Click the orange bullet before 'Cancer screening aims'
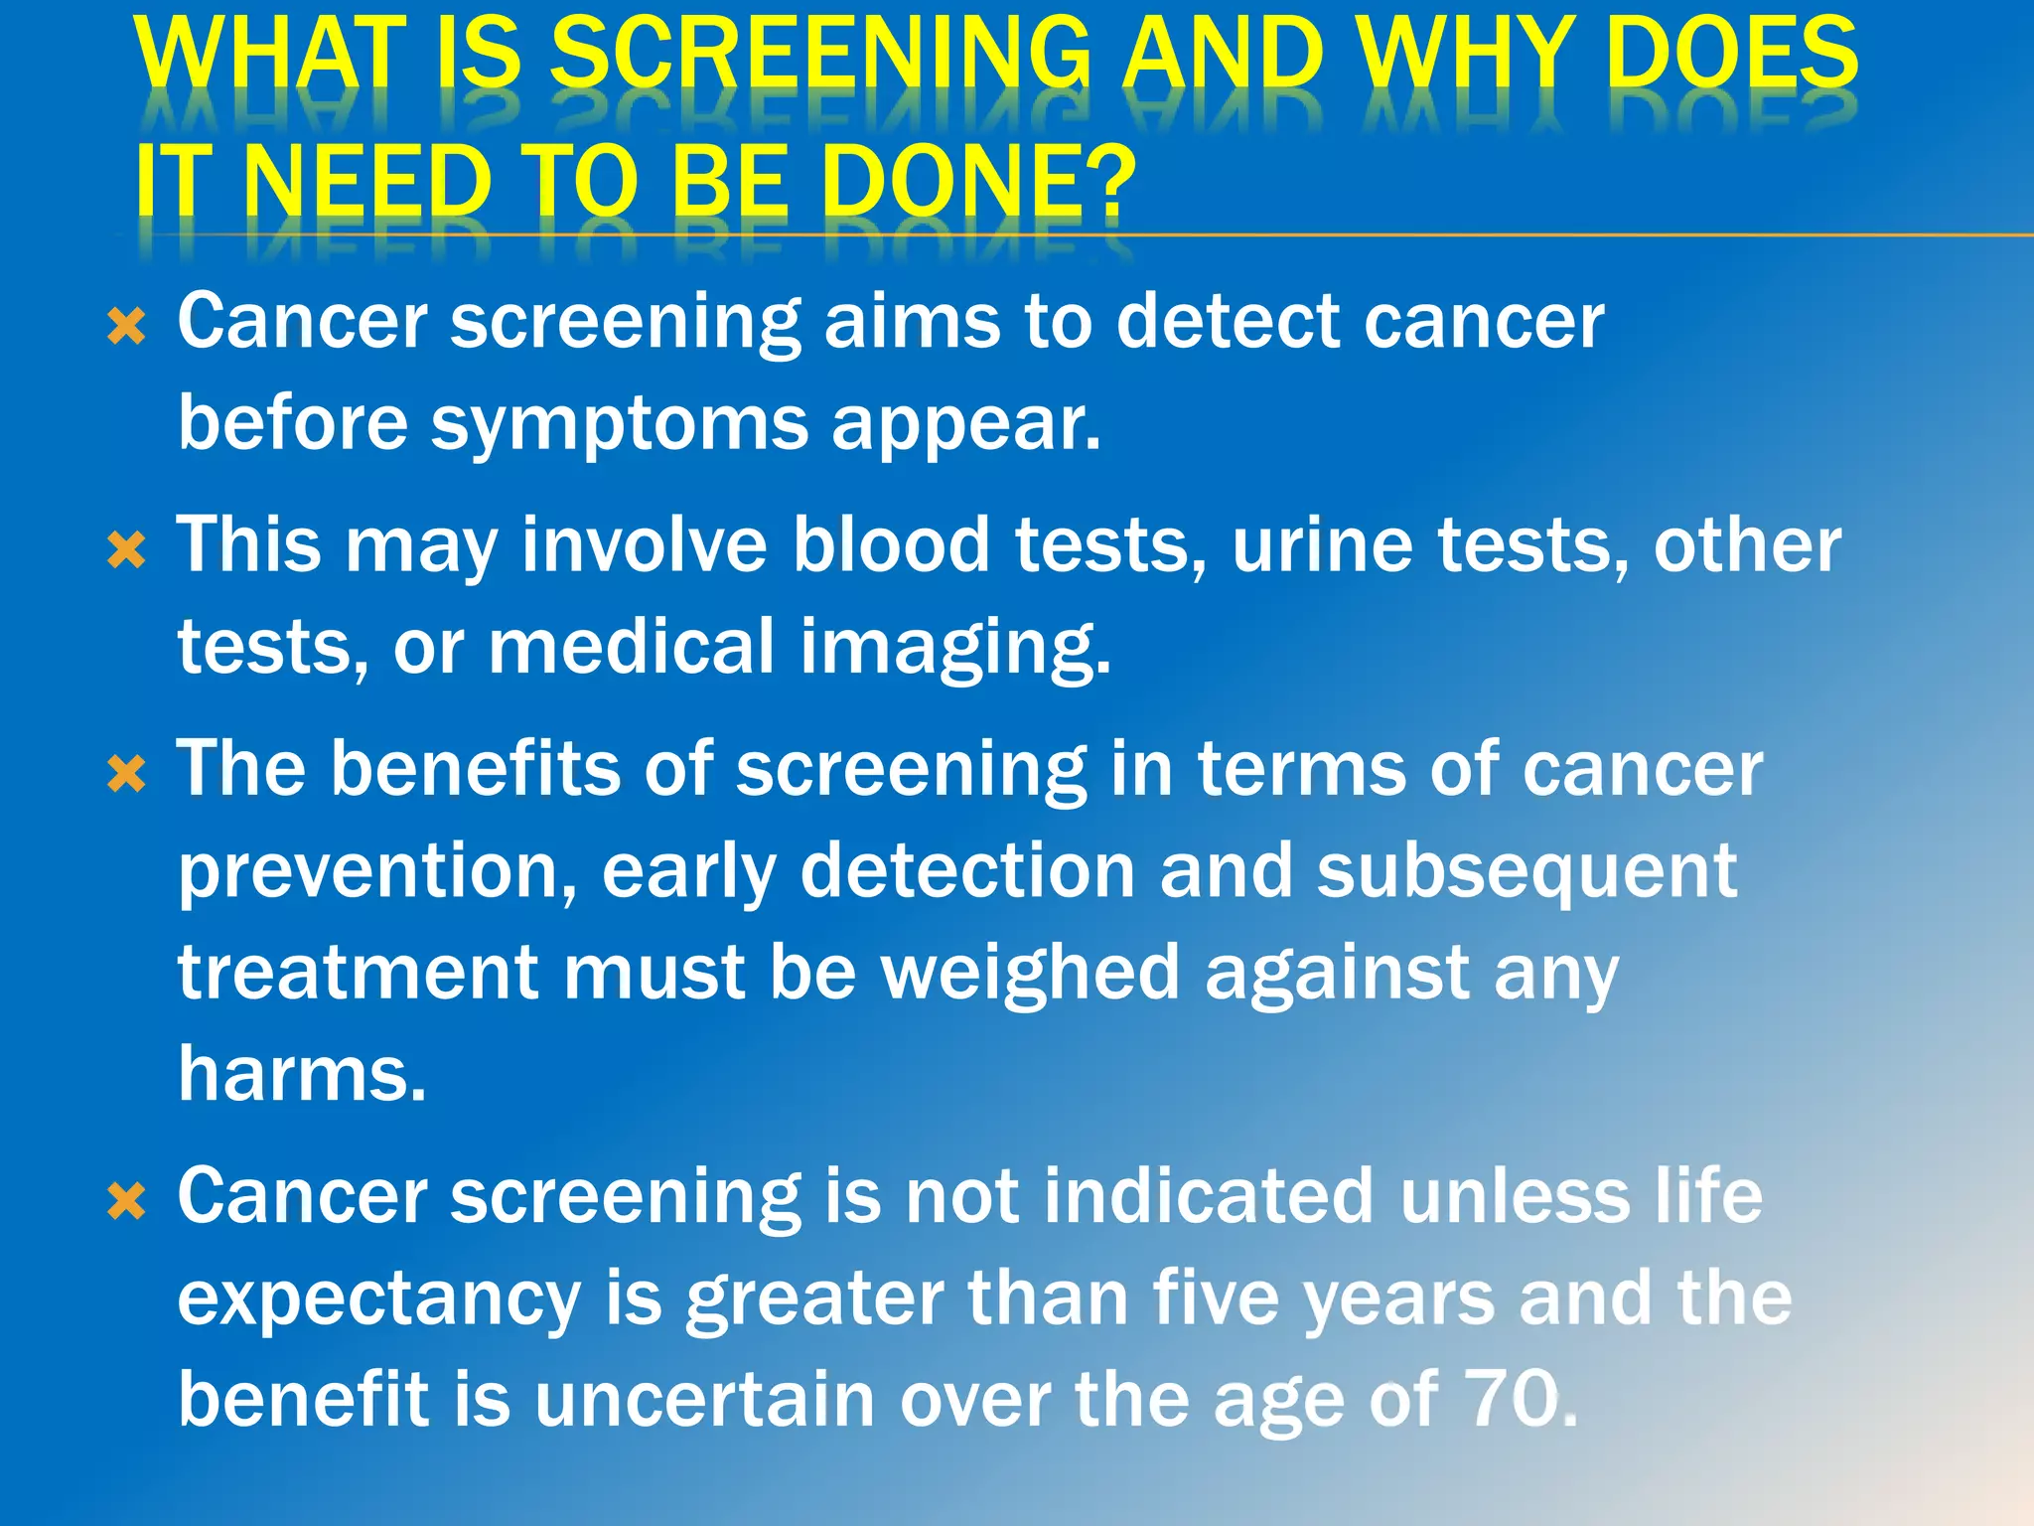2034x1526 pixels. coord(126,327)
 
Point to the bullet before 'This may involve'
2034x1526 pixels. coord(126,550)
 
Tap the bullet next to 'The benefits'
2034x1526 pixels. coord(126,774)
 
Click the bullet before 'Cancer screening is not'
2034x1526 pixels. coord(126,1202)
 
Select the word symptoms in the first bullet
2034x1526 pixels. coord(620,423)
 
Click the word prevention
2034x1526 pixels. coord(377,871)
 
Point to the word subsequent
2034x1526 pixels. coord(1526,871)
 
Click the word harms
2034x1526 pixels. coord(302,1074)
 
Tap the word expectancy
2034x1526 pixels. coord(378,1299)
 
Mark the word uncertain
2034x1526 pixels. coord(704,1399)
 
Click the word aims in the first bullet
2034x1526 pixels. coord(911,322)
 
